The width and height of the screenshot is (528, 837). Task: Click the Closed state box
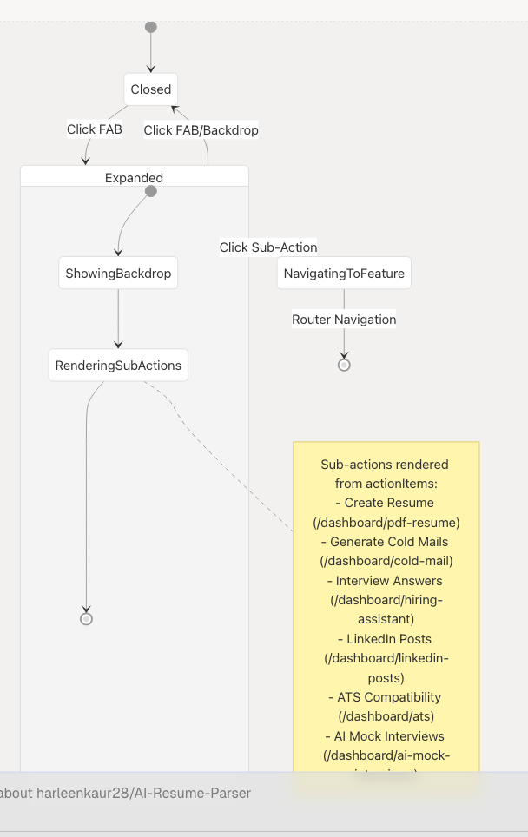point(151,89)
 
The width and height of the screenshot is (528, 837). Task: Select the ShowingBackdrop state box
point(118,274)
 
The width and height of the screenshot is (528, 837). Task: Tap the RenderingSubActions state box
point(118,366)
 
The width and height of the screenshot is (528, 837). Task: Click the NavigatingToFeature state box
point(344,274)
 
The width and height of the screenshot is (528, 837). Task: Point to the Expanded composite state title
point(134,177)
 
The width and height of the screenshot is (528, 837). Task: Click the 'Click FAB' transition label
point(94,129)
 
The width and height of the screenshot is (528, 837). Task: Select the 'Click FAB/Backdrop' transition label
point(201,130)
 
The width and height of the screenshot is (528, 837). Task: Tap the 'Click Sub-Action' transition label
point(267,247)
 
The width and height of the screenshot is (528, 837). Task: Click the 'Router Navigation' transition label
point(344,320)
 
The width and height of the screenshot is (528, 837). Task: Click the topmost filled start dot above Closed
point(151,27)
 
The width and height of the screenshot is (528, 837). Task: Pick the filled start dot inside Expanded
point(151,191)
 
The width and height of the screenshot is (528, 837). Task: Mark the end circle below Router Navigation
point(344,365)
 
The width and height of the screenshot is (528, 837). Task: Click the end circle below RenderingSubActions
point(86,619)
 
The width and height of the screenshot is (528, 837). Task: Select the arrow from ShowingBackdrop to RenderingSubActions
point(118,319)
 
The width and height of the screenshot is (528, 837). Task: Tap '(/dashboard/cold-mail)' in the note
point(386,561)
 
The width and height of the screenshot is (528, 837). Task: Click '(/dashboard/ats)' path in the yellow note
point(386,716)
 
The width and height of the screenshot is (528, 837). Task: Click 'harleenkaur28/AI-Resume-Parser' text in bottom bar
point(143,793)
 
